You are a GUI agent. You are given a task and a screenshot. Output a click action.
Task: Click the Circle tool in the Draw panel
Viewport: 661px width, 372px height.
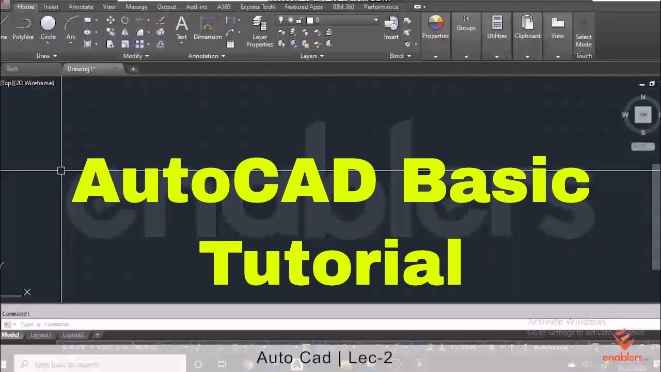click(48, 24)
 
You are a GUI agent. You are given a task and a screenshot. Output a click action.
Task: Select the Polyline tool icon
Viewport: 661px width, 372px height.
click(23, 24)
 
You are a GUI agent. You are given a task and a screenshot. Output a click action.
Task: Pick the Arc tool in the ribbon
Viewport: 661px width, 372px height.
click(71, 24)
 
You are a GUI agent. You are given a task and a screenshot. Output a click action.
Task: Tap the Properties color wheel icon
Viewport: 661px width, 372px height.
click(435, 23)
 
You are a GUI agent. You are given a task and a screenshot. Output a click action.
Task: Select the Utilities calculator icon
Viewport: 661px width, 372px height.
click(497, 23)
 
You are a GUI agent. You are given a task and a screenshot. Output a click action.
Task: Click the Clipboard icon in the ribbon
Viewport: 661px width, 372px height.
click(527, 23)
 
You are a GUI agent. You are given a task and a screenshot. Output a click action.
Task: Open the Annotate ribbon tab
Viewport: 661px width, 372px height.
click(81, 7)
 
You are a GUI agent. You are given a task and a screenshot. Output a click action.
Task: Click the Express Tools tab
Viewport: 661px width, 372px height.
click(257, 7)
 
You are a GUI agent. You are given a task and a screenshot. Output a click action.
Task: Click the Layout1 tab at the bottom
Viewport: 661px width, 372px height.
click(41, 335)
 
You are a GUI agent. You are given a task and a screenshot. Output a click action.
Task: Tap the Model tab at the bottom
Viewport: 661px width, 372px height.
click(10, 335)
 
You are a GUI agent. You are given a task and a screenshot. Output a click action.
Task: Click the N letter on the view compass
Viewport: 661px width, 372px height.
click(643, 97)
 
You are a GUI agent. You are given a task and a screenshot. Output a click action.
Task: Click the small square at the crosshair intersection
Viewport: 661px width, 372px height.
click(61, 170)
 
